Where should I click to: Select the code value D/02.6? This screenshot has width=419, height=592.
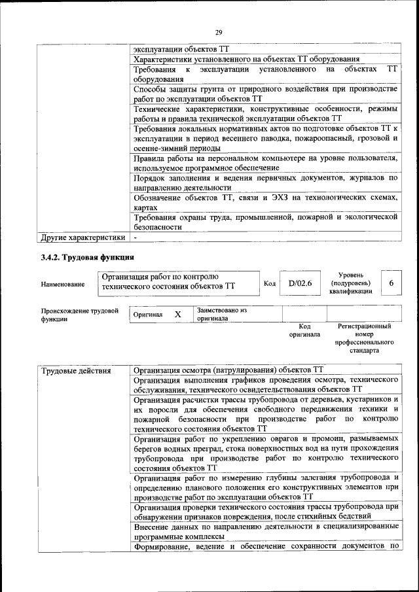[x=301, y=283]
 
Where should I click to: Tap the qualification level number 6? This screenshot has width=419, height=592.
[x=391, y=283]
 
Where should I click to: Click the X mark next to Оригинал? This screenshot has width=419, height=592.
[x=177, y=314]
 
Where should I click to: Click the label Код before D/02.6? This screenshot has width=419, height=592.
[x=269, y=283]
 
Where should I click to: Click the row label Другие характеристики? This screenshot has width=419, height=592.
[x=82, y=237]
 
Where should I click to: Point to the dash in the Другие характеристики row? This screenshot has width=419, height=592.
[x=135, y=237]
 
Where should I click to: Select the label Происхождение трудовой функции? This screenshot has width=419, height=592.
[x=79, y=315]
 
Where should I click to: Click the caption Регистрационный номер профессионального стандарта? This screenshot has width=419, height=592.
[x=364, y=338]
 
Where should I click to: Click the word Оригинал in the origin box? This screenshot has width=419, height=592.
[x=147, y=315]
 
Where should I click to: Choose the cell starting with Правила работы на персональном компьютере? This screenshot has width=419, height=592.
[x=265, y=164]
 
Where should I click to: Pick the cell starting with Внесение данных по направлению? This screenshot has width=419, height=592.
[x=265, y=531]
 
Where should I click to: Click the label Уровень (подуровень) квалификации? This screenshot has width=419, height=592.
[x=352, y=283]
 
